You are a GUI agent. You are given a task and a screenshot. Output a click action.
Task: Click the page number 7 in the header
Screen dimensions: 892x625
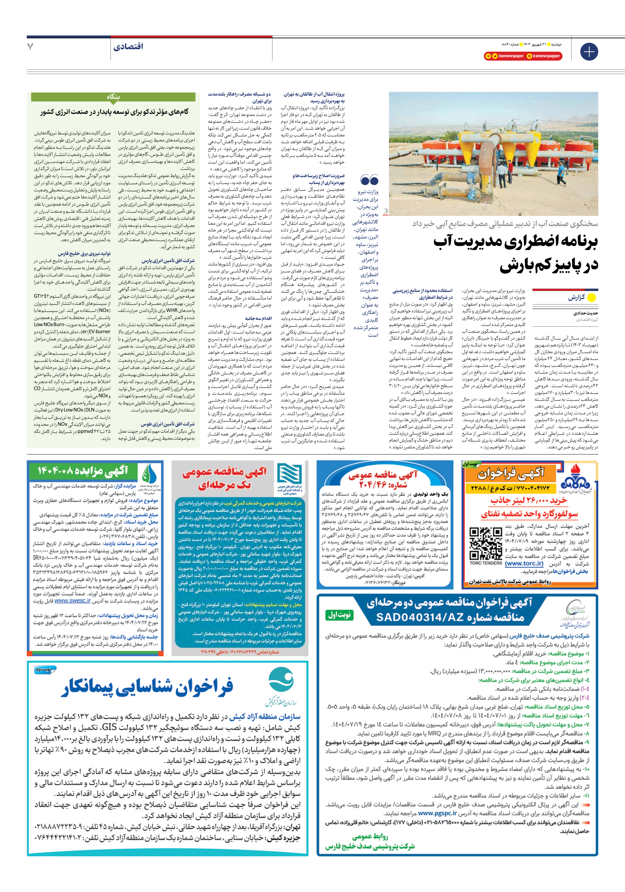point(30,47)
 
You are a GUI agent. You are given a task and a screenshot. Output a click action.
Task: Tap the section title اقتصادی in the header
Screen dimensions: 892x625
point(128,47)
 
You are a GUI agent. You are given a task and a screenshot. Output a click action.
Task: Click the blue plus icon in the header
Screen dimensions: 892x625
point(589,52)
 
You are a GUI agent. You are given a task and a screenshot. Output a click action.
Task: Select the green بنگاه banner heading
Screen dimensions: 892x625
point(113,97)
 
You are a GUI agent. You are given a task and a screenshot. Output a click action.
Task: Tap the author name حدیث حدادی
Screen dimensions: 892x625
point(585,313)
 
